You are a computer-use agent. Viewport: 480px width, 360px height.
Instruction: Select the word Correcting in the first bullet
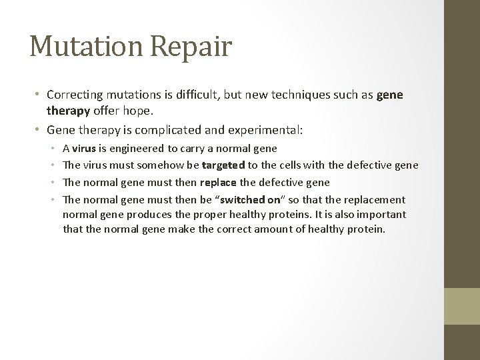(x=74, y=95)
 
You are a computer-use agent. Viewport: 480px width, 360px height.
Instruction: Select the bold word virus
(x=85, y=148)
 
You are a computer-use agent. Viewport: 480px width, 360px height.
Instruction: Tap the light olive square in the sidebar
(x=461, y=305)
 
